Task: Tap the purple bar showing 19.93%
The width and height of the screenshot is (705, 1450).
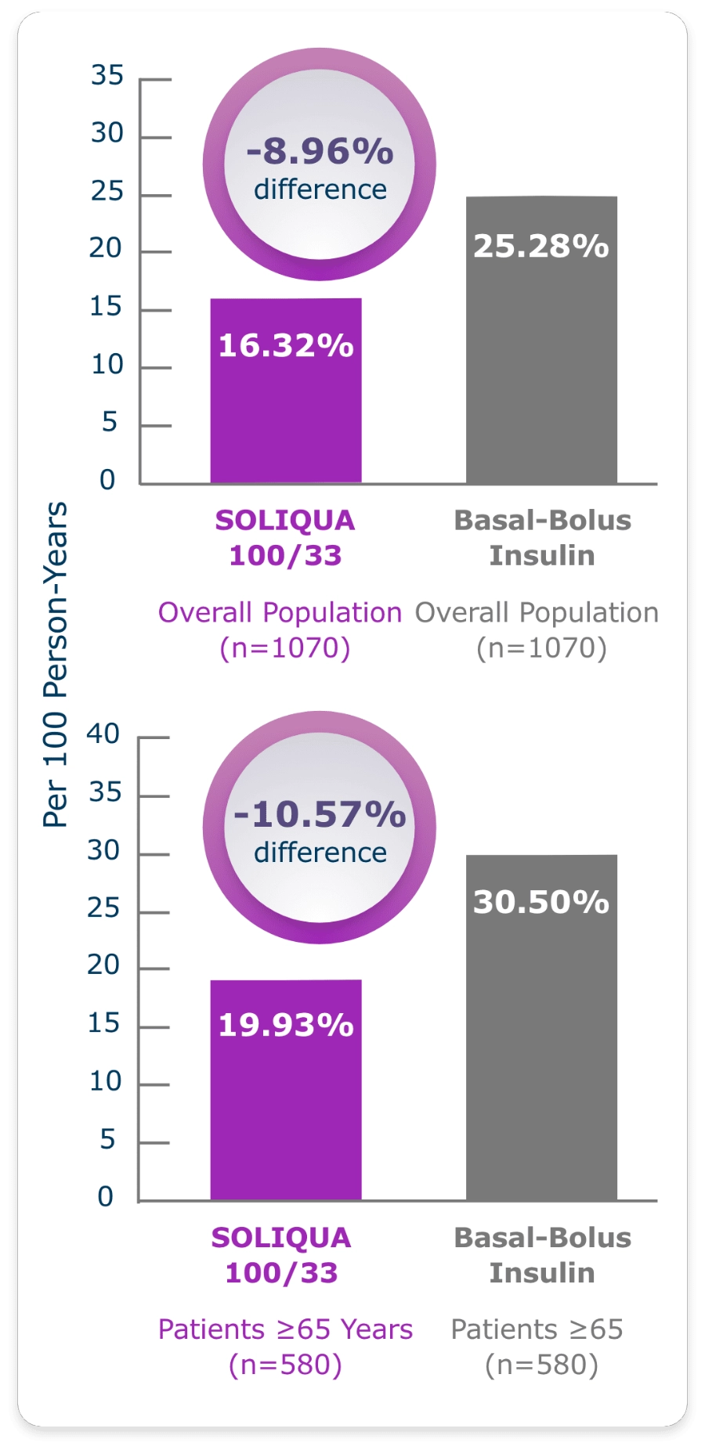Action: tap(286, 1089)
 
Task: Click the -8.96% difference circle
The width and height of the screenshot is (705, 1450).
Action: tap(320, 165)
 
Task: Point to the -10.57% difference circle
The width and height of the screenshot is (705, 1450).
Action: tap(320, 828)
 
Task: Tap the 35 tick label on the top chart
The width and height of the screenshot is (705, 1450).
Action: tap(107, 75)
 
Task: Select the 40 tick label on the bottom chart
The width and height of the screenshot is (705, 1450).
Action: tap(103, 734)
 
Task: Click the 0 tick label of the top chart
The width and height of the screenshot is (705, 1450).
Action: tap(107, 479)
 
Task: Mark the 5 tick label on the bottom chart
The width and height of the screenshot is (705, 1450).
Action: tap(107, 1139)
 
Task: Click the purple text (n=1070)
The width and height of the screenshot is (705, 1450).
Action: tap(285, 648)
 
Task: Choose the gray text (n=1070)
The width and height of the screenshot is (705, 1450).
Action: tap(541, 648)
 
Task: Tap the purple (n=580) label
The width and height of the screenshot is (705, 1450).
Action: tap(285, 1365)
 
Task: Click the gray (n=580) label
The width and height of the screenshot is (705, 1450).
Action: tap(541, 1365)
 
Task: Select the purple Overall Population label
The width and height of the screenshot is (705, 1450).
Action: tap(280, 612)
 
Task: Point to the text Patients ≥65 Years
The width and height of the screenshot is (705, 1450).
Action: tap(285, 1329)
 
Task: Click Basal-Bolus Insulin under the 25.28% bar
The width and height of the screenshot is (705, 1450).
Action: tap(542, 538)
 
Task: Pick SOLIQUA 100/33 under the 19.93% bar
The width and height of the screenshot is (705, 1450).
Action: tap(281, 1255)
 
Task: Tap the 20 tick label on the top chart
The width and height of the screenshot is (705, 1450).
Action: tap(105, 248)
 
